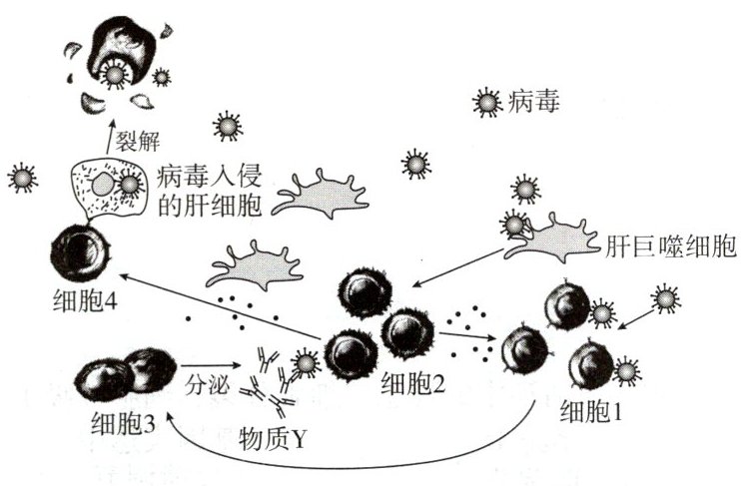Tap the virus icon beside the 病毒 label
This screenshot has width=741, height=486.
tap(486, 101)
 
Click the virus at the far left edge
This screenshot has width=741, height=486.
tap(22, 179)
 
